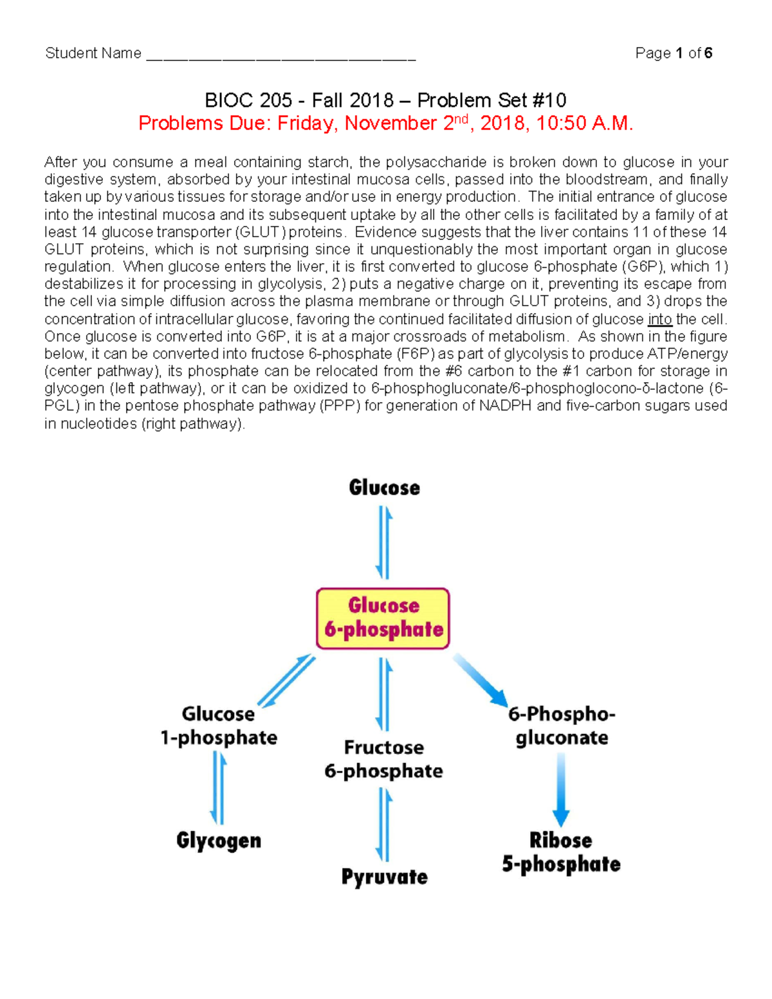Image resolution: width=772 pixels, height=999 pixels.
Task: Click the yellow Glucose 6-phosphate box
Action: (383, 618)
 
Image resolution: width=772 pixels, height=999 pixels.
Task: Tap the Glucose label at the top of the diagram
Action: (384, 488)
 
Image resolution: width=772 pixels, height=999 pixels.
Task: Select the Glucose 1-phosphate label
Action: (219, 726)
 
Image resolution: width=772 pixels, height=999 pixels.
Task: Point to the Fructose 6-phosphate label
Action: (384, 759)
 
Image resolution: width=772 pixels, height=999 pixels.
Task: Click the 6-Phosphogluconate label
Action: (562, 726)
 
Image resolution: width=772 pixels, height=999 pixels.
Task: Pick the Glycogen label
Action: (219, 841)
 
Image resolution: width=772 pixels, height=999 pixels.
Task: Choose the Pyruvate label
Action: (384, 877)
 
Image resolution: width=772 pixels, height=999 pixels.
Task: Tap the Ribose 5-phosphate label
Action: (562, 852)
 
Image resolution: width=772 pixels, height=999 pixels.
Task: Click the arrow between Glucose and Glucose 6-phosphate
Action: (384, 542)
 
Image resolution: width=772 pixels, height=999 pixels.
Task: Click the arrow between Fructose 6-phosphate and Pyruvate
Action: (385, 824)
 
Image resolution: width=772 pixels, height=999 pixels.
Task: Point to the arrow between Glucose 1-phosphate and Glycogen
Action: (219, 788)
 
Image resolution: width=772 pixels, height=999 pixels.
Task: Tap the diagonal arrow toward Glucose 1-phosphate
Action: (286, 681)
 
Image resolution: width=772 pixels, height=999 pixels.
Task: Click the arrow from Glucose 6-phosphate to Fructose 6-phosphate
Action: (385, 694)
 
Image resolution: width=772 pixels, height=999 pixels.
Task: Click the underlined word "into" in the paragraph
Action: (659, 319)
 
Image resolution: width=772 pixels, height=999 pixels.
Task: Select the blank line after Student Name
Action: (281, 55)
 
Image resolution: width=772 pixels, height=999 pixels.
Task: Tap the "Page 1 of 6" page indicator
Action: (674, 53)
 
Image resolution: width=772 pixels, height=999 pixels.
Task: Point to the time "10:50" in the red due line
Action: (560, 124)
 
